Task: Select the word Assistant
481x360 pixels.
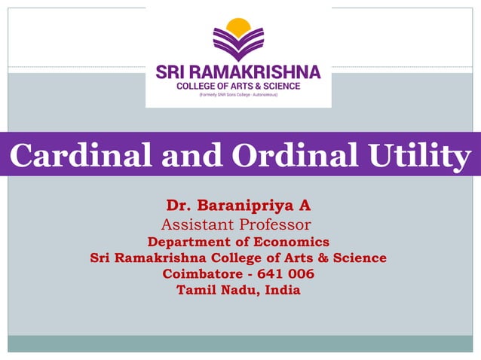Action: click(198, 224)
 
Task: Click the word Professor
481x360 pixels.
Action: click(275, 224)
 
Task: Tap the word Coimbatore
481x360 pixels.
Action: click(203, 274)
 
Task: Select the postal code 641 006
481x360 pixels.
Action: click(286, 274)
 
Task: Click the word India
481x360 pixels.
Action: click(282, 290)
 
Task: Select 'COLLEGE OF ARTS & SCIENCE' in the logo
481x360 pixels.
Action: click(238, 87)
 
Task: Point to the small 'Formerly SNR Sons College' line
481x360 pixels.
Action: click(238, 96)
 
